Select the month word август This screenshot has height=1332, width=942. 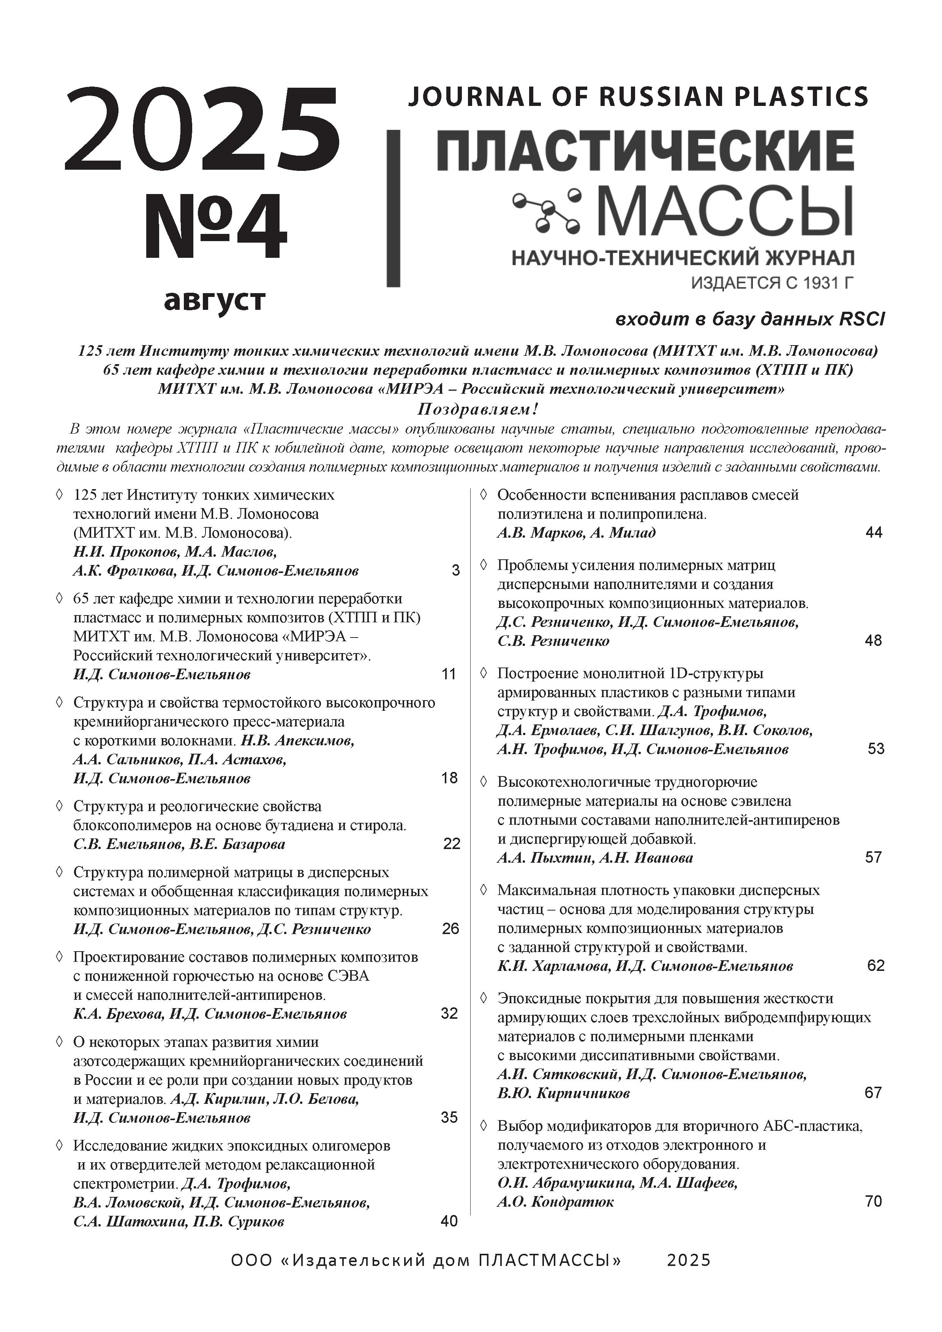point(215,300)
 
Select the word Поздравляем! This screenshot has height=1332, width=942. point(478,410)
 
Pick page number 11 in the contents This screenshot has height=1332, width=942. point(449,674)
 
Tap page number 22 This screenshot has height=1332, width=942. point(451,844)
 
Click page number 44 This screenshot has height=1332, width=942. point(873,533)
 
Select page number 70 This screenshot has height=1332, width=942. point(873,1201)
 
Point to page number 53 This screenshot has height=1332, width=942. point(875,749)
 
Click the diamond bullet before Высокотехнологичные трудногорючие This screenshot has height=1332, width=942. point(483,781)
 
